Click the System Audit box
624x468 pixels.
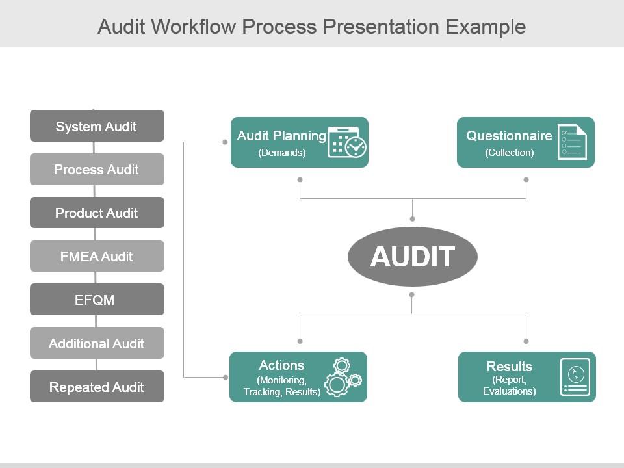97,126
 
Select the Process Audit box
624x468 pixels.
97,170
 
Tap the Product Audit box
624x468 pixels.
97,213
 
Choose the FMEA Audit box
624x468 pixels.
97,256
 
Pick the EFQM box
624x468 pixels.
97,300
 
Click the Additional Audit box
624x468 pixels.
97,343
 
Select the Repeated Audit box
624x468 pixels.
97,387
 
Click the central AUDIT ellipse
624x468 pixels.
412,256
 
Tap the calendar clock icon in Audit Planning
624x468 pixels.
347,142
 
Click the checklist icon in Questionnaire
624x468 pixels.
573,142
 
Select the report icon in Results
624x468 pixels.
575,377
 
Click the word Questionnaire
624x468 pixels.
509,136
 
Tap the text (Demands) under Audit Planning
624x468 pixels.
282,153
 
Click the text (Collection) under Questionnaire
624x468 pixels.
509,153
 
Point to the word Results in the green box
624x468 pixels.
509,366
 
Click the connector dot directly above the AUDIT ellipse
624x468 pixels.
412,219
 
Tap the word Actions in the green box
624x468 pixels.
281,365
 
